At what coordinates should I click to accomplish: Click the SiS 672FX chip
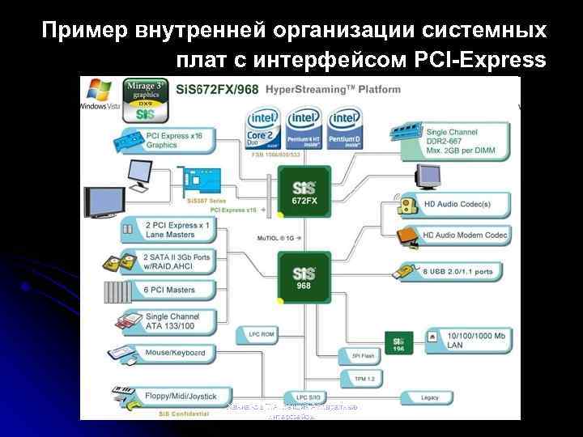[304, 193]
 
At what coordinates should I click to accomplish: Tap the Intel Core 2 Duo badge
[264, 129]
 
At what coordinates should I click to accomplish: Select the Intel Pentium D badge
[346, 129]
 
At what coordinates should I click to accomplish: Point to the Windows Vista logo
[100, 96]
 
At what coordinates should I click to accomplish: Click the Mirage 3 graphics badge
[145, 99]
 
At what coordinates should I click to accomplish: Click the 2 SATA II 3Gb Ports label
[177, 261]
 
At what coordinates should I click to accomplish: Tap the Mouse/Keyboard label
[173, 353]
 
